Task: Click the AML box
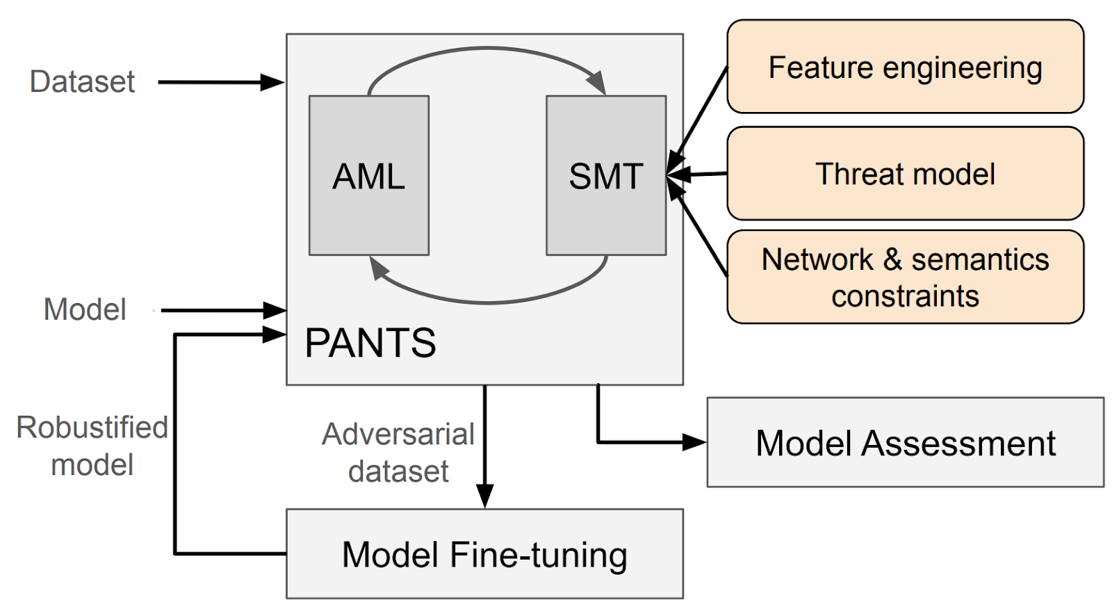[x=368, y=175]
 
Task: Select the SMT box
[x=605, y=175]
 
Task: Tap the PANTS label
[x=370, y=343]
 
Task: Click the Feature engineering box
[x=905, y=67]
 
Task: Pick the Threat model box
[x=905, y=174]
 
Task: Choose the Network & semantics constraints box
[x=905, y=277]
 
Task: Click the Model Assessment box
[x=905, y=443]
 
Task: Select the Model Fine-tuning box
[x=484, y=554]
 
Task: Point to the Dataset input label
[x=82, y=82]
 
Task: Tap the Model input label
[x=85, y=309]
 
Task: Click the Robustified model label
[x=92, y=446]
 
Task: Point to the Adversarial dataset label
[x=398, y=453]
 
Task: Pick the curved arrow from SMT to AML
[x=486, y=302]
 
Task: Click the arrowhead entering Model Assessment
[x=694, y=442]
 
